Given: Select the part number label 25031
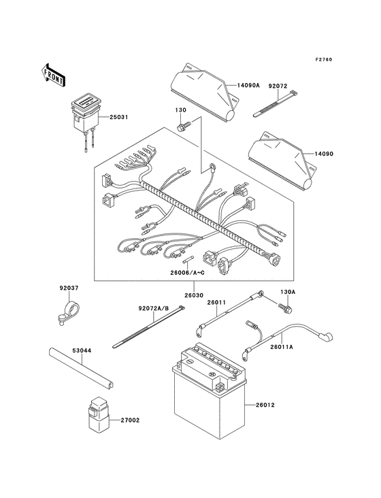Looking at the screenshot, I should [118, 118].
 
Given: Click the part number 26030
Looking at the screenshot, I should [194, 295].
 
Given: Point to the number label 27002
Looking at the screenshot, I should [131, 421].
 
